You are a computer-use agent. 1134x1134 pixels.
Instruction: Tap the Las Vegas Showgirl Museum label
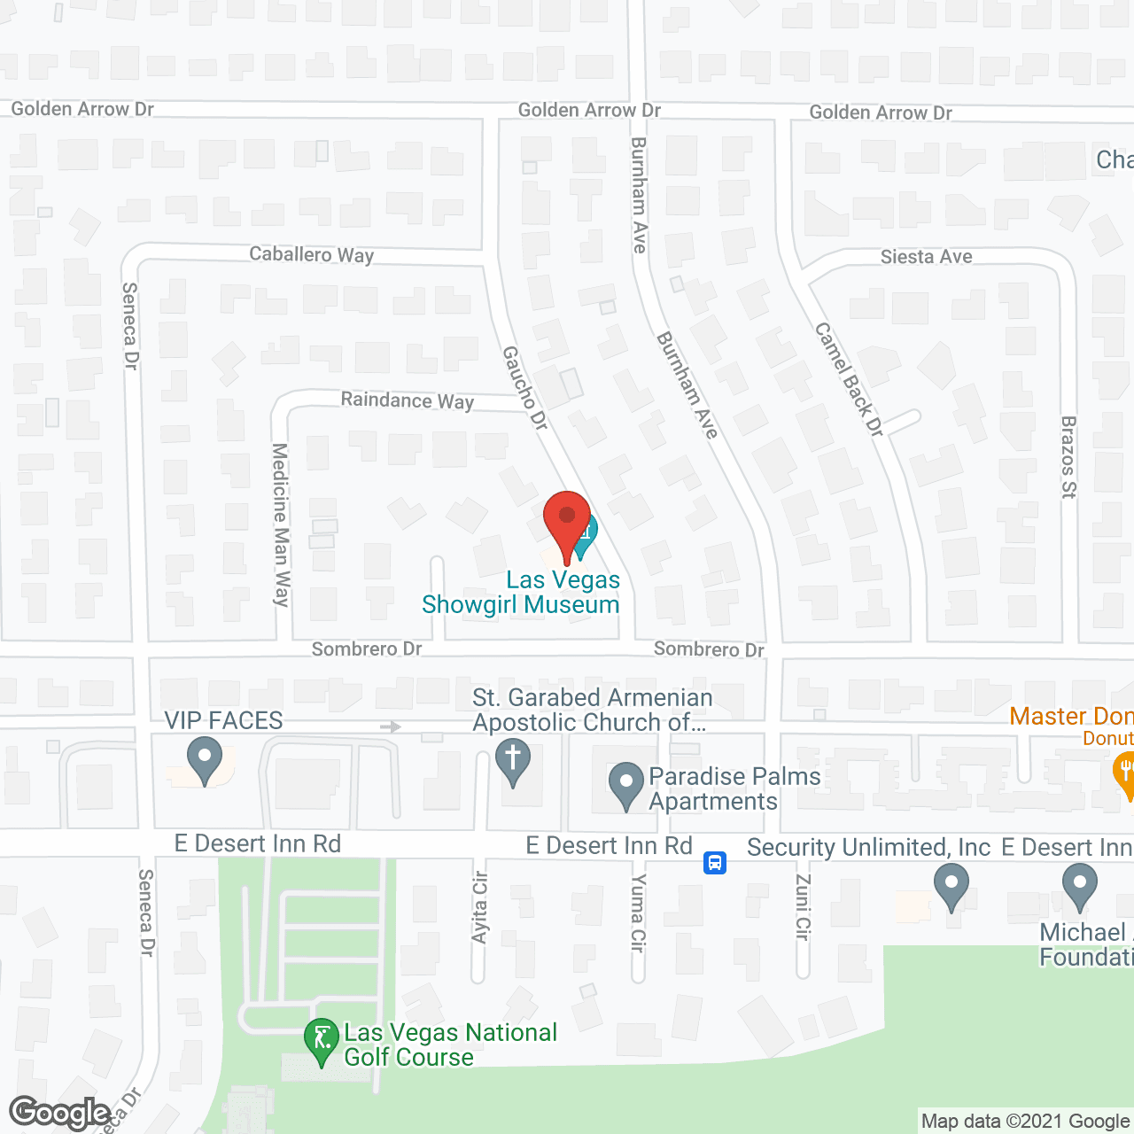(x=521, y=592)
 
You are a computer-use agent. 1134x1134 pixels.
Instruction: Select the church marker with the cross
(x=513, y=763)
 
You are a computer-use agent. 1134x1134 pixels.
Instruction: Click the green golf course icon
(x=321, y=1040)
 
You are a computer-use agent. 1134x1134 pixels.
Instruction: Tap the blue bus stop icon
(x=715, y=862)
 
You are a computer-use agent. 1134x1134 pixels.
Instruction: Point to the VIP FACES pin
(x=205, y=760)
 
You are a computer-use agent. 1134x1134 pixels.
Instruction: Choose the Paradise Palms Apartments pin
(x=627, y=785)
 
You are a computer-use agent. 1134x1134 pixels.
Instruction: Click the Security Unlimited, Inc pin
(x=951, y=885)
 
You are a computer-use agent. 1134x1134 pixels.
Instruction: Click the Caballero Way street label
(x=312, y=255)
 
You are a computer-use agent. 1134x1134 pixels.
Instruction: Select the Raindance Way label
(x=408, y=400)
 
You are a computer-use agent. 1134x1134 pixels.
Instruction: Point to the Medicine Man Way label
(x=281, y=524)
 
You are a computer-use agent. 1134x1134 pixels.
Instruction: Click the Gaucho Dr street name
(x=525, y=388)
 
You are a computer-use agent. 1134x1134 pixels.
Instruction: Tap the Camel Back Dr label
(x=849, y=379)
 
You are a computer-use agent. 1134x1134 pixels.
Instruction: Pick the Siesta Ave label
(x=926, y=257)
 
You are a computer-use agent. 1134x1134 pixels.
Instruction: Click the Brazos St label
(x=1068, y=457)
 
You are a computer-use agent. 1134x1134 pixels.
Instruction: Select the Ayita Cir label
(x=480, y=907)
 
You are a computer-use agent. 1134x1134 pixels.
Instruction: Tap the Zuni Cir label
(x=803, y=906)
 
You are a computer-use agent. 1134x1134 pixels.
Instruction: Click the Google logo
(x=60, y=1113)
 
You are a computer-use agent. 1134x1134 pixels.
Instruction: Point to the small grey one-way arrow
(x=391, y=726)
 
